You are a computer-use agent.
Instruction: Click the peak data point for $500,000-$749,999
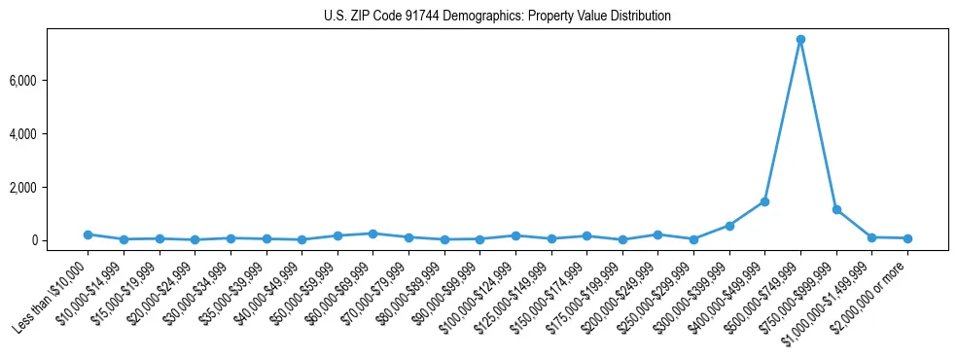tap(800, 40)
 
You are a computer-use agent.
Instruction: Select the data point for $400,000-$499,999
tap(764, 201)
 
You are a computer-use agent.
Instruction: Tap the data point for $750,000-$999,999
tap(836, 209)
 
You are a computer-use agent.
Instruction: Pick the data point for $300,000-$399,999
tap(729, 226)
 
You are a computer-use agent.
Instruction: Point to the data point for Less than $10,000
tap(88, 234)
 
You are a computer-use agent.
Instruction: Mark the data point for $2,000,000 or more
tap(907, 238)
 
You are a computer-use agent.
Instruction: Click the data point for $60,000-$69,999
tap(372, 234)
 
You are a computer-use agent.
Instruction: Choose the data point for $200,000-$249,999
tap(657, 234)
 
